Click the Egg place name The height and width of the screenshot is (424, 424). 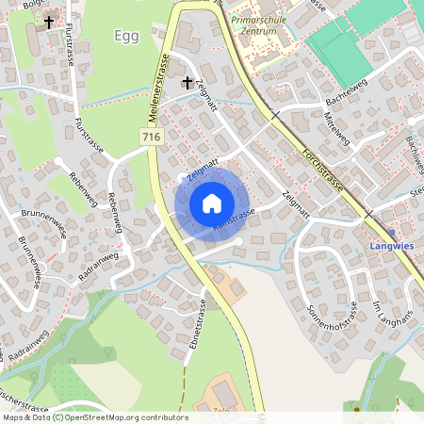[x=125, y=36]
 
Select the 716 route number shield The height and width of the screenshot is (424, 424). [x=150, y=138]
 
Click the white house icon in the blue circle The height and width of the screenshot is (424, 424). [x=212, y=203]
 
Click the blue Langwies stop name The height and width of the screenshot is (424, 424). [x=389, y=249]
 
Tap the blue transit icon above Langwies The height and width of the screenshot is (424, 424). [x=390, y=233]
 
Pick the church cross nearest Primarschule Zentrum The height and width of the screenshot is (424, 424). [x=187, y=83]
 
